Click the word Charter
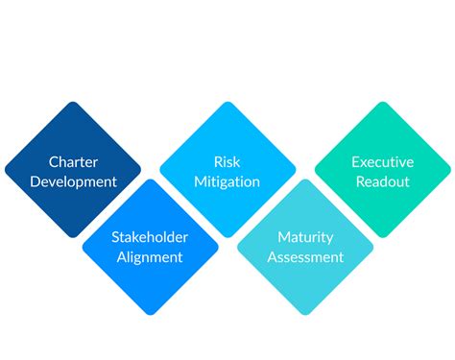(x=73, y=161)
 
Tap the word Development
(x=73, y=180)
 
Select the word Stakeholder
(x=151, y=237)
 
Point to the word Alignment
(x=151, y=256)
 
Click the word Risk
(x=227, y=161)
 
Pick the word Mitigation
(x=227, y=180)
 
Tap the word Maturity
(x=305, y=237)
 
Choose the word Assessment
(x=305, y=256)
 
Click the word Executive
(x=382, y=161)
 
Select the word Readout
(x=382, y=180)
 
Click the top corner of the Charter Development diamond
(x=73, y=103)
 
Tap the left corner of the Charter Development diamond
(x=6, y=170)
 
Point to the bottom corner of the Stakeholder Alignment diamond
(x=151, y=314)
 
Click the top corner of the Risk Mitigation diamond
(x=227, y=103)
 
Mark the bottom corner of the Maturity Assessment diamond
(x=305, y=314)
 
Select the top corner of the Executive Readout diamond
(x=382, y=103)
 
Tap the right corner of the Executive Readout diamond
(x=449, y=170)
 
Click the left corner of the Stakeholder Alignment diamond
(x=84, y=247)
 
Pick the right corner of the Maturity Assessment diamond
(x=372, y=247)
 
